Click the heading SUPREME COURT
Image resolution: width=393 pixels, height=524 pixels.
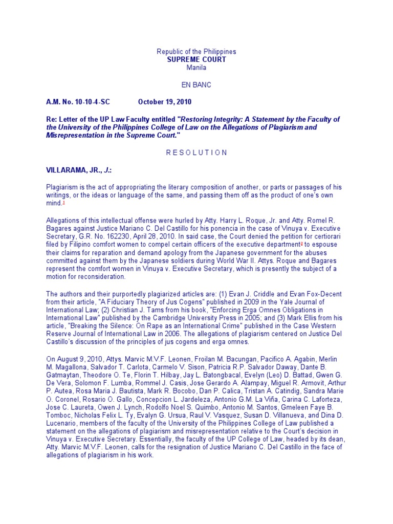point(196,59)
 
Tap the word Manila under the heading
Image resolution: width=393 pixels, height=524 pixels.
point(196,67)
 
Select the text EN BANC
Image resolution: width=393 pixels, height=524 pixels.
point(196,84)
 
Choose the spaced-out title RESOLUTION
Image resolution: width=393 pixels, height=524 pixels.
point(196,152)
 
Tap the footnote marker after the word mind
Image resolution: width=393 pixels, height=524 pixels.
point(63,203)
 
